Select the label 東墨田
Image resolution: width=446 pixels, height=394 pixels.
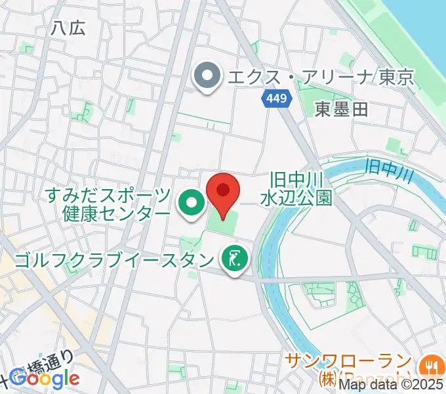click(x=341, y=110)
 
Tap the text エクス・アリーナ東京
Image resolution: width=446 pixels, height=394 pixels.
click(x=320, y=78)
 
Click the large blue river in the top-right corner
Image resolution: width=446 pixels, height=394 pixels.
click(x=420, y=26)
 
